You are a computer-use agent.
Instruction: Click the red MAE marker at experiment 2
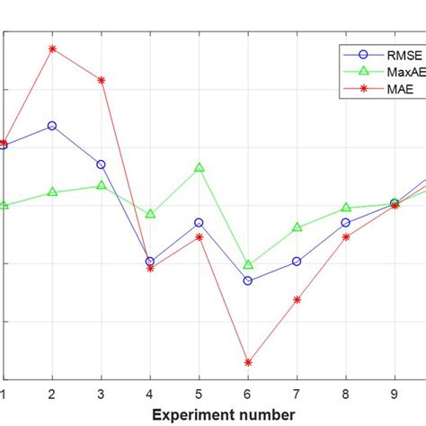point(52,49)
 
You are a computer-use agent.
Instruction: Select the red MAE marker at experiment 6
point(248,362)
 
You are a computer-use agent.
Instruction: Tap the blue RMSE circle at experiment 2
point(52,126)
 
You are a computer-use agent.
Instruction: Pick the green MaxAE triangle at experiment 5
point(199,167)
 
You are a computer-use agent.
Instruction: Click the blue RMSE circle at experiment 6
point(248,280)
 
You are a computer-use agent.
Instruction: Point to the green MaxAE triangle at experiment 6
point(248,265)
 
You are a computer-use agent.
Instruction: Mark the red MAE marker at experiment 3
point(101,80)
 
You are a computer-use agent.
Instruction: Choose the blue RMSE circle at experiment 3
point(101,164)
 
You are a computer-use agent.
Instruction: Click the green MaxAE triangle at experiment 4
point(150,214)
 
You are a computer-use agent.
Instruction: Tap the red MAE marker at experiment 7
point(297,298)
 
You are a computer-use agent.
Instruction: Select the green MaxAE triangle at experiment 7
point(297,227)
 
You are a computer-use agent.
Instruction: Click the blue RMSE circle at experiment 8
point(345,222)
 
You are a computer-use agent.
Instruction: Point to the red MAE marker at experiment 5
point(199,236)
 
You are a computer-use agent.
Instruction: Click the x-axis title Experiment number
point(223,414)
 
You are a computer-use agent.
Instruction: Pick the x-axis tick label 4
point(150,394)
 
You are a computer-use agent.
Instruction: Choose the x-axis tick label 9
point(394,394)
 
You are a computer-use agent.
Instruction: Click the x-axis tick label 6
point(248,394)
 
